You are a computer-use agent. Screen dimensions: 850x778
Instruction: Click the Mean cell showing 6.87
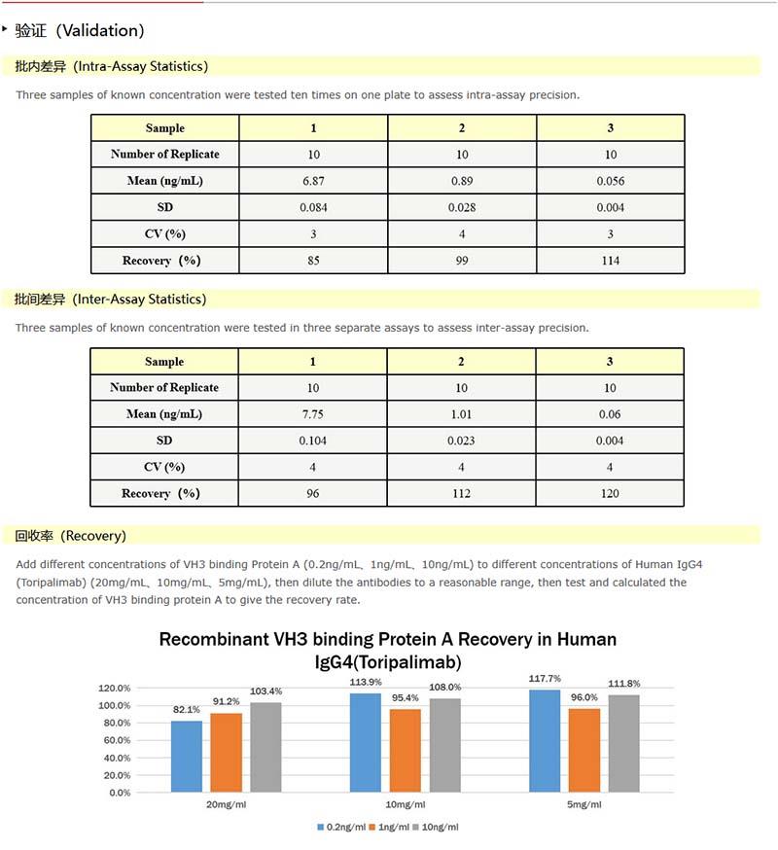point(313,181)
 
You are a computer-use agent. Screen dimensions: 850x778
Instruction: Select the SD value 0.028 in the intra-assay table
point(462,207)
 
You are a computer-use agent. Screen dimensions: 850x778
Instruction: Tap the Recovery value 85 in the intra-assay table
point(313,261)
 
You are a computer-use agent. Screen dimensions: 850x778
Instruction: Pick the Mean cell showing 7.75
point(313,414)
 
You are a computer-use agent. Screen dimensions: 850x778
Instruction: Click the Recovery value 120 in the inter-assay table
point(611,494)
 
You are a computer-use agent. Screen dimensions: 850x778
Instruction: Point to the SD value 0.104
point(313,441)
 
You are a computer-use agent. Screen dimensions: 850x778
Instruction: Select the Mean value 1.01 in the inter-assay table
point(462,414)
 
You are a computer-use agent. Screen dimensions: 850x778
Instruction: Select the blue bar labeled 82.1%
point(186,756)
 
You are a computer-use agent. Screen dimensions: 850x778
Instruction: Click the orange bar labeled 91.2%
point(225,752)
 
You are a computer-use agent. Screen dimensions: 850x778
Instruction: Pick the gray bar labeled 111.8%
point(623,743)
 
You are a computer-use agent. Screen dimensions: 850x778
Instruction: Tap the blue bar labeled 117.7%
point(546,740)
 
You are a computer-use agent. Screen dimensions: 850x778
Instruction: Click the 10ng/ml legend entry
point(435,828)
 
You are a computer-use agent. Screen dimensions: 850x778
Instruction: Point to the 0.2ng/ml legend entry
point(341,828)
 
